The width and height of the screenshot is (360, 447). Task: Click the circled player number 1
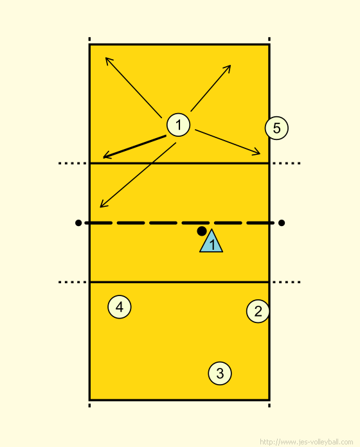(x=178, y=125)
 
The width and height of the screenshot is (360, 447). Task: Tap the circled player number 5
(x=276, y=128)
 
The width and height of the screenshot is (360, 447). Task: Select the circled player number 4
(x=120, y=307)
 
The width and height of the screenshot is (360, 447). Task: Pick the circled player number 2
(x=258, y=311)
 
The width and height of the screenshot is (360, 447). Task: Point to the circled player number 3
(x=220, y=373)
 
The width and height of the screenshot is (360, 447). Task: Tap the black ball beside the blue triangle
(x=202, y=231)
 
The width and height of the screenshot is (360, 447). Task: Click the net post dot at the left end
(x=78, y=223)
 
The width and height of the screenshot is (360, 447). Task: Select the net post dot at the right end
(x=282, y=223)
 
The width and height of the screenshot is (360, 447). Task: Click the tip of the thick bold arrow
(x=104, y=157)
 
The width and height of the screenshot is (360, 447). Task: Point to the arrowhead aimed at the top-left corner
(x=105, y=58)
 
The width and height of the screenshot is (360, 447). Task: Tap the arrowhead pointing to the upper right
(x=231, y=66)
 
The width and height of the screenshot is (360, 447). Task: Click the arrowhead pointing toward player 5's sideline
(x=260, y=154)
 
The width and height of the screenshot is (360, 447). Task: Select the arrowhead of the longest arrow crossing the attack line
(x=100, y=207)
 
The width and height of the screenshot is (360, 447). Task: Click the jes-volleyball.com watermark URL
(x=307, y=442)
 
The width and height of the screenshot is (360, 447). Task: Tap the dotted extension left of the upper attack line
(x=73, y=163)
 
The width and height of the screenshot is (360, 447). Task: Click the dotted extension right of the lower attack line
(x=287, y=282)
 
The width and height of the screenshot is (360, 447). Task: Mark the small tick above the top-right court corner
(x=269, y=39)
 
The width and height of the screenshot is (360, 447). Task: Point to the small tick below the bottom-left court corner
(x=89, y=405)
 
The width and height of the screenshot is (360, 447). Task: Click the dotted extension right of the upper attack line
(x=287, y=163)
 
